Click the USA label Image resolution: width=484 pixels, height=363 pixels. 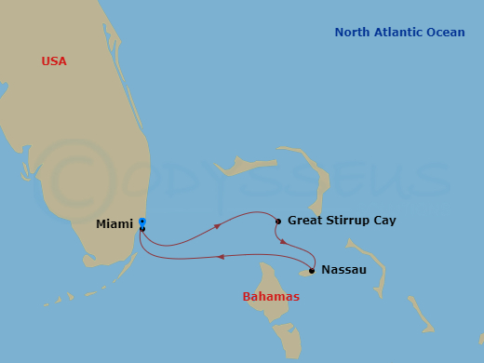tap(54, 61)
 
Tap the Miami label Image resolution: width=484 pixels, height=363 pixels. tap(114, 224)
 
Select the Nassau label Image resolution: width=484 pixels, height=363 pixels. tap(343, 270)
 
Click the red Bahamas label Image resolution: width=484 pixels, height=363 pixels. tap(271, 297)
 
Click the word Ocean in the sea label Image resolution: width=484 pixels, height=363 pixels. tap(447, 33)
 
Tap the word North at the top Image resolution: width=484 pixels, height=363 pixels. tap(352, 33)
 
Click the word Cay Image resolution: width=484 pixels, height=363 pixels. tap(383, 221)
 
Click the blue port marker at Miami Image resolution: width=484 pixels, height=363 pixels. tap(142, 222)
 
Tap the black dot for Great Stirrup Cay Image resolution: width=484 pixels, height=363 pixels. tap(278, 222)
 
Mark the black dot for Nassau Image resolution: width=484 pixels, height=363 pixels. tap(312, 271)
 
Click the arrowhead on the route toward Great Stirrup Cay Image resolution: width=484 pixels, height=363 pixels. tap(218, 225)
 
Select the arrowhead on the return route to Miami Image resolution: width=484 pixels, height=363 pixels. tap(220, 257)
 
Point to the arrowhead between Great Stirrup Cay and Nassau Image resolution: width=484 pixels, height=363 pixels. tap(284, 241)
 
